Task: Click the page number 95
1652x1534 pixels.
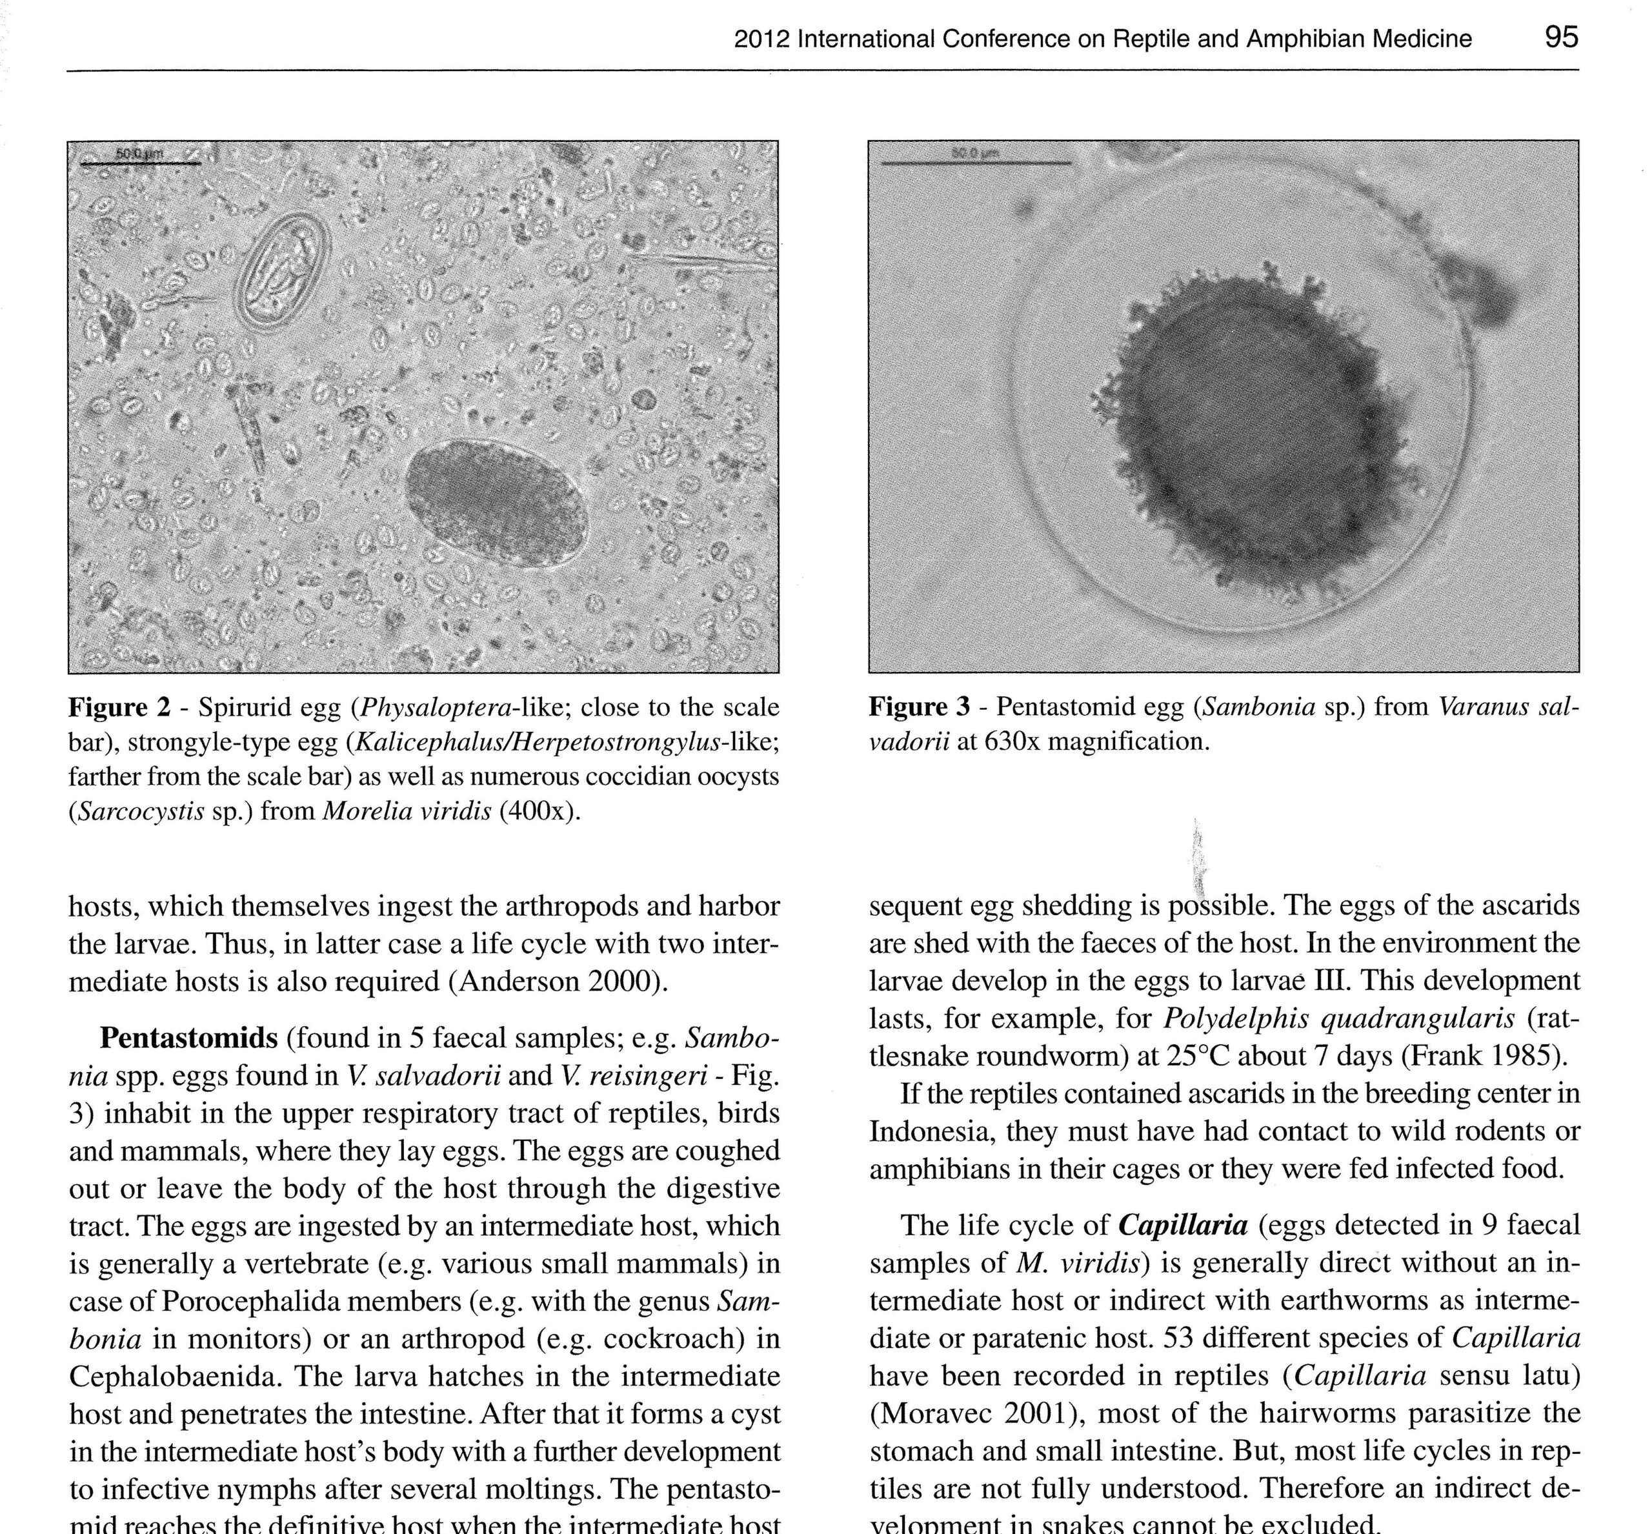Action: coord(1560,37)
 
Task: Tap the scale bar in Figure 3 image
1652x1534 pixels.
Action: coord(976,163)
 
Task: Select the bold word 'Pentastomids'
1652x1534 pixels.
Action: coord(188,1038)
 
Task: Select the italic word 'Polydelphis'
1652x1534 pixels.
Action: coord(1234,1018)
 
